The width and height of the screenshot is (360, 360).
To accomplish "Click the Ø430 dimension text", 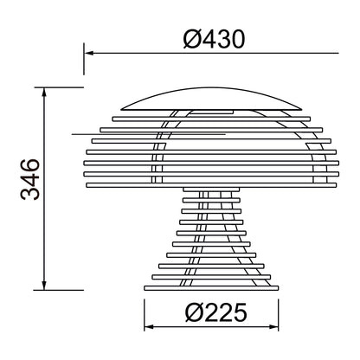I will [214, 39].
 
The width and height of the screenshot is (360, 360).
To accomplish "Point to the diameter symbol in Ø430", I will [193, 39].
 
